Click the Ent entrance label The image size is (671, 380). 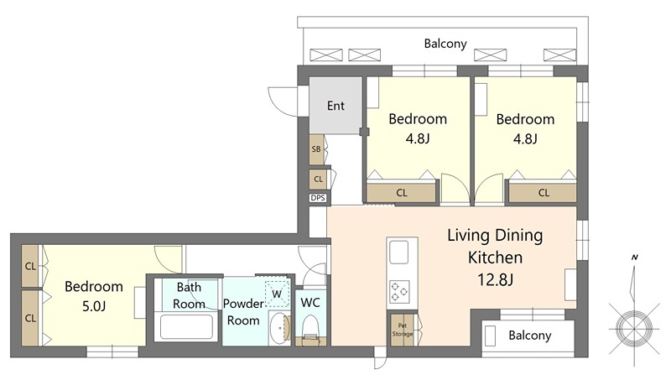click(x=335, y=106)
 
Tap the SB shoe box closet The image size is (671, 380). click(x=317, y=149)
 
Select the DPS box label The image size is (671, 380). click(x=318, y=198)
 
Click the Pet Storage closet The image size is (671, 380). click(x=403, y=330)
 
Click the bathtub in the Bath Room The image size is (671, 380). click(x=186, y=327)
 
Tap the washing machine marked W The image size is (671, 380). click(x=277, y=294)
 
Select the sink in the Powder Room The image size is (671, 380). click(x=280, y=328)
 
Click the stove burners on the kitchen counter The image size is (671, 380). click(x=399, y=292)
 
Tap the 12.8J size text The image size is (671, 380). click(x=495, y=280)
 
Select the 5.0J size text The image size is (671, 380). click(x=94, y=306)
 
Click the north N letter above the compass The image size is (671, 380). click(x=635, y=258)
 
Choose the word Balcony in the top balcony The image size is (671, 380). click(x=445, y=44)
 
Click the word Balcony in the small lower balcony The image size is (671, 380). click(x=530, y=335)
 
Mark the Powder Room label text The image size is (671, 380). click(x=243, y=312)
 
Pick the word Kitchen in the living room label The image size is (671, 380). click(x=495, y=258)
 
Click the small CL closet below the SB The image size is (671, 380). click(x=318, y=180)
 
